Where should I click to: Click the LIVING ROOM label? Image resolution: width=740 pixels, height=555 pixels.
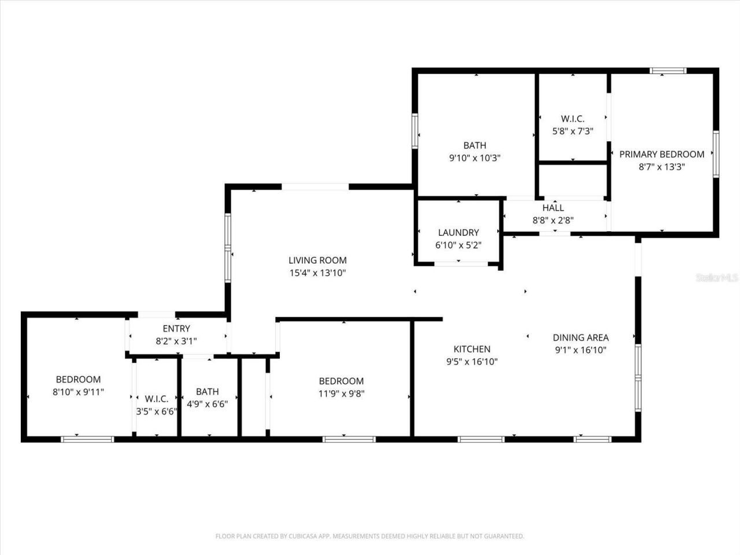[317, 260]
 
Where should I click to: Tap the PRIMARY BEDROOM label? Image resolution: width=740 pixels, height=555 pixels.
[661, 154]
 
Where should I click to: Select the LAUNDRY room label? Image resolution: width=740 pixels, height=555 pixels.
[458, 232]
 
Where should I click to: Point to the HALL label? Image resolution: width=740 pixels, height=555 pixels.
[553, 208]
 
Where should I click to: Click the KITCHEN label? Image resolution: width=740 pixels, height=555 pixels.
[472, 349]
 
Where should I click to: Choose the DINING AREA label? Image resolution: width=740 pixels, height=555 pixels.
[580, 338]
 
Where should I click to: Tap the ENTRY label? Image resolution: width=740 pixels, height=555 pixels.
[176, 329]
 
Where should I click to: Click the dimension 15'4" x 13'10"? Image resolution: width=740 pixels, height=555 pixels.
[317, 273]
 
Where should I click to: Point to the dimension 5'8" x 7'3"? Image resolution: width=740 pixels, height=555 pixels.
[572, 131]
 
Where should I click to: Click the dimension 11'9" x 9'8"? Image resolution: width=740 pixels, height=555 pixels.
[341, 394]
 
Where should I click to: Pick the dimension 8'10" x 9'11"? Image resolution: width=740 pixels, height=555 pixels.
[78, 392]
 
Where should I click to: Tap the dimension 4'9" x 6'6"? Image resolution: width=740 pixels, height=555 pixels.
[208, 404]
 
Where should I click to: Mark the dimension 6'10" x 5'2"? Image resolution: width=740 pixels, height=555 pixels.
[458, 245]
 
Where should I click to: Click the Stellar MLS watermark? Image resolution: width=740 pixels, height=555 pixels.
[717, 278]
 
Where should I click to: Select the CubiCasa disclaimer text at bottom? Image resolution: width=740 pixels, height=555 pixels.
[369, 536]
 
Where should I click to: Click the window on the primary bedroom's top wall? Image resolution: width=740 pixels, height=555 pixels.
[668, 71]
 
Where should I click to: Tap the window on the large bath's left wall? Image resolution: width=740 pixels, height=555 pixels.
[415, 131]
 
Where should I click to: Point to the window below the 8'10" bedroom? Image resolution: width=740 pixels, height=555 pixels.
[87, 439]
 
